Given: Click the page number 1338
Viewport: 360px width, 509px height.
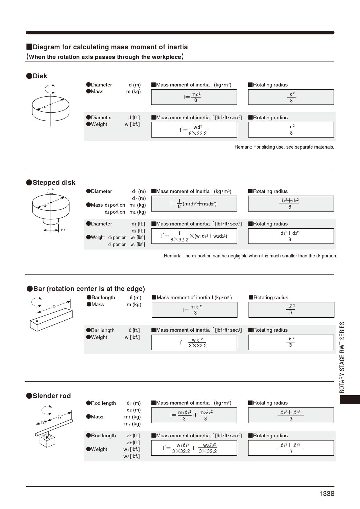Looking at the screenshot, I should (x=327, y=494).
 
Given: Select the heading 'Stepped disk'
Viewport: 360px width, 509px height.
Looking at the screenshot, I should (x=54, y=183).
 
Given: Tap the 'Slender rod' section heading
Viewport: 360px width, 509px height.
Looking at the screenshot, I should (x=52, y=396).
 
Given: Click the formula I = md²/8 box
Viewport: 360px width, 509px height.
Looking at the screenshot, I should (x=194, y=97).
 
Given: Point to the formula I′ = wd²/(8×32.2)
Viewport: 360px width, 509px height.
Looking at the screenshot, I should (x=194, y=130).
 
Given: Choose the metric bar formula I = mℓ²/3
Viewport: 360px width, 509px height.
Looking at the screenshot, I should (x=195, y=310).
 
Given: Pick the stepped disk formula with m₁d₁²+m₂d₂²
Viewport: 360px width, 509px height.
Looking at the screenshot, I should (x=194, y=204).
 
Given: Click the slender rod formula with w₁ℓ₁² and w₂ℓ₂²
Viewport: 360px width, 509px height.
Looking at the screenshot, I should (x=194, y=448).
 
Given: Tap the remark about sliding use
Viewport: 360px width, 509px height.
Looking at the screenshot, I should (x=284, y=147).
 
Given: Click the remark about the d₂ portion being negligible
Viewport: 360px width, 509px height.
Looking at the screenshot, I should (x=250, y=256).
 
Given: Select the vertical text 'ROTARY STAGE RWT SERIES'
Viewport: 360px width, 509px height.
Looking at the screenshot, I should (x=342, y=357).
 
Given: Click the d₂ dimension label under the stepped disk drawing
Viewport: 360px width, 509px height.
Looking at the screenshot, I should (x=63, y=230).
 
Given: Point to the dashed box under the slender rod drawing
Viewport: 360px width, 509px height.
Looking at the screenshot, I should (x=47, y=441).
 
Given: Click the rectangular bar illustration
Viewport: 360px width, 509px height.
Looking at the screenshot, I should (x=51, y=320).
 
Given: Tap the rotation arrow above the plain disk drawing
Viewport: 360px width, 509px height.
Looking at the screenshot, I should (x=50, y=88).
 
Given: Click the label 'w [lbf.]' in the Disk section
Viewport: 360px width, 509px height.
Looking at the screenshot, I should (x=132, y=124).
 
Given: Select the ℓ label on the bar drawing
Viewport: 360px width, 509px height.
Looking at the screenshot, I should (x=54, y=306).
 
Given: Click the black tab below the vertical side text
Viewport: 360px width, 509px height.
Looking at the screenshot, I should (x=350, y=400).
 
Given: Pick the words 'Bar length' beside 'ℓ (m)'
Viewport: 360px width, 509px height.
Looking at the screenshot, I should (x=103, y=297).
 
